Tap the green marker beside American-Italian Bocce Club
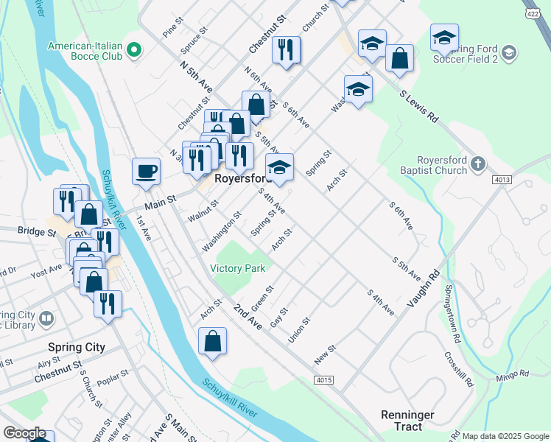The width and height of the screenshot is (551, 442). [x=133, y=50]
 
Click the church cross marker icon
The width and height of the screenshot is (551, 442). [x=478, y=163]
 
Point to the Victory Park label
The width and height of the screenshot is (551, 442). [x=237, y=269]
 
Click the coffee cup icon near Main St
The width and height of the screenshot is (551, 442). [x=146, y=171]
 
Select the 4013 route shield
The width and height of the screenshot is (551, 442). [x=502, y=180]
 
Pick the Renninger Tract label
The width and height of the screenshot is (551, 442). [x=407, y=421]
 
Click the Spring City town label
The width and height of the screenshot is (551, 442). [x=76, y=347]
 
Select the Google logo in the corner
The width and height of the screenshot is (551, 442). [x=24, y=434]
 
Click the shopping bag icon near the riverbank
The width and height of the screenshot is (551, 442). [x=213, y=341]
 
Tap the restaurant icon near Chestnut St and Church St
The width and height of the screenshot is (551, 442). [x=286, y=50]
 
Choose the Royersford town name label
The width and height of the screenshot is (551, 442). [x=244, y=179]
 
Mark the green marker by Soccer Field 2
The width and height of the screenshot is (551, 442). [x=509, y=53]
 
